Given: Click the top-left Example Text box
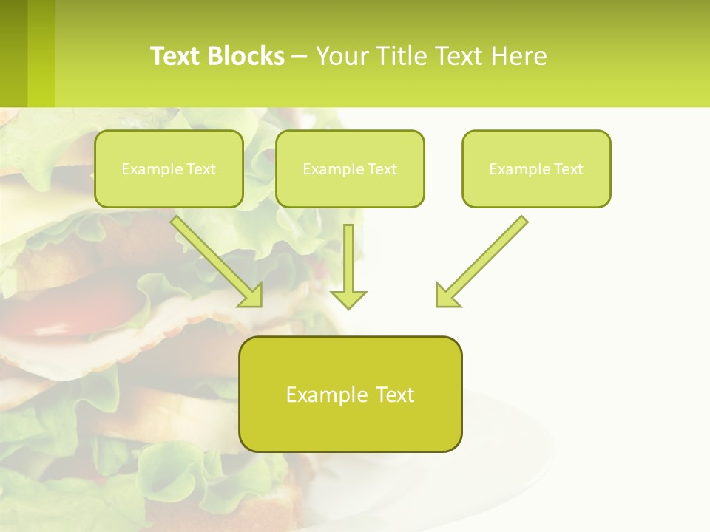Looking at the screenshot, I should point(169,168).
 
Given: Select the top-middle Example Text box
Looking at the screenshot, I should point(350,168).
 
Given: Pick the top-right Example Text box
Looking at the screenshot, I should point(536,168).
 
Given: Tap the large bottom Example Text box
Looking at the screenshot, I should point(350,394).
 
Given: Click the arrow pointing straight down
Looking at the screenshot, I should point(348,262).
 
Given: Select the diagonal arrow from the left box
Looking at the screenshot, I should point(214,259).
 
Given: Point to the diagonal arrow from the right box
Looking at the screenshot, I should point(484,259).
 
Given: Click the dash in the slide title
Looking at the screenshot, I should point(300,56).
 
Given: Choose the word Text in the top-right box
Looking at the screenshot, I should point(568,168).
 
